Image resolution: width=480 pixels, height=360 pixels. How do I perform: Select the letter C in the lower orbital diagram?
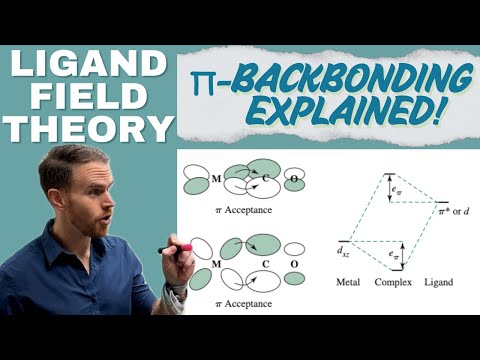265,265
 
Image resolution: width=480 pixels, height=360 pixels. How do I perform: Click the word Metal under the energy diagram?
349,283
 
